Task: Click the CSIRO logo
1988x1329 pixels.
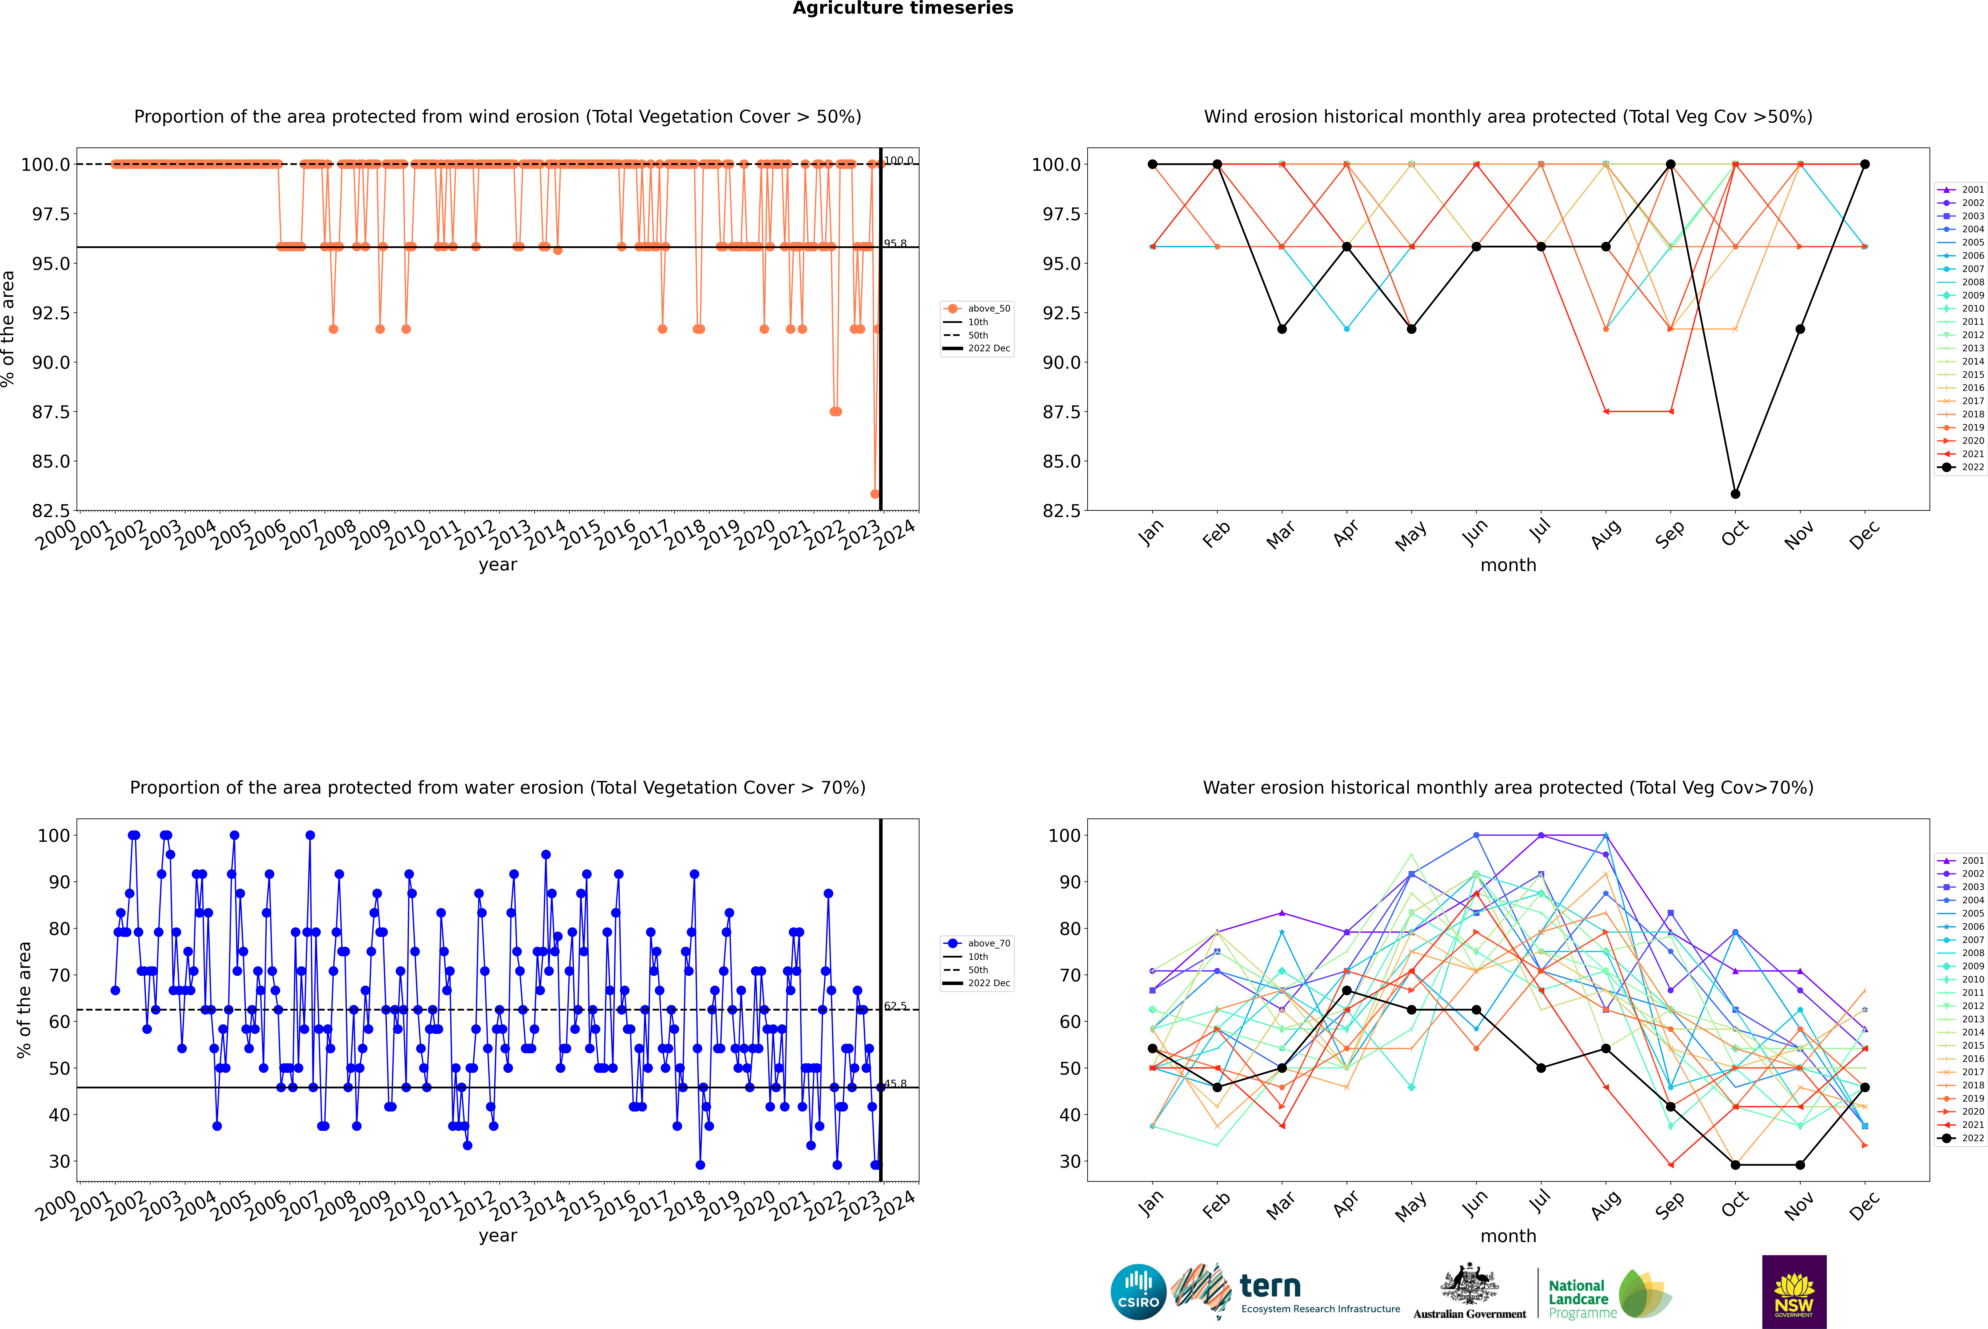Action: (x=1138, y=1292)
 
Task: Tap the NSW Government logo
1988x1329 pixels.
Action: (x=1794, y=1292)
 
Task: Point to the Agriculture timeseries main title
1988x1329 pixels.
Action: (x=902, y=8)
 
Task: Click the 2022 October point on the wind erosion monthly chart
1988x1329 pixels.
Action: (x=1735, y=493)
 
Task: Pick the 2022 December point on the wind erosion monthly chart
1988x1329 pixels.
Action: (x=1864, y=164)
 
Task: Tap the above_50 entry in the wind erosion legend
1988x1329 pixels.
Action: (x=988, y=309)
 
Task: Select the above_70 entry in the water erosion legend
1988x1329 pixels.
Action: (x=988, y=943)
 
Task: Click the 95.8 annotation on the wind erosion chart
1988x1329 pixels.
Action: (x=895, y=243)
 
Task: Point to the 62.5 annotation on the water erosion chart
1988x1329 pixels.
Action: (x=895, y=1006)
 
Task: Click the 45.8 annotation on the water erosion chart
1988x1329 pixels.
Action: (x=895, y=1083)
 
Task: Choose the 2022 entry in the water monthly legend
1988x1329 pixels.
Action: (x=1972, y=1138)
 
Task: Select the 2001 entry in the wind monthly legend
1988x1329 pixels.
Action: (x=1972, y=190)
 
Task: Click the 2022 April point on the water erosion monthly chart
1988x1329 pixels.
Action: (x=1347, y=990)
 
